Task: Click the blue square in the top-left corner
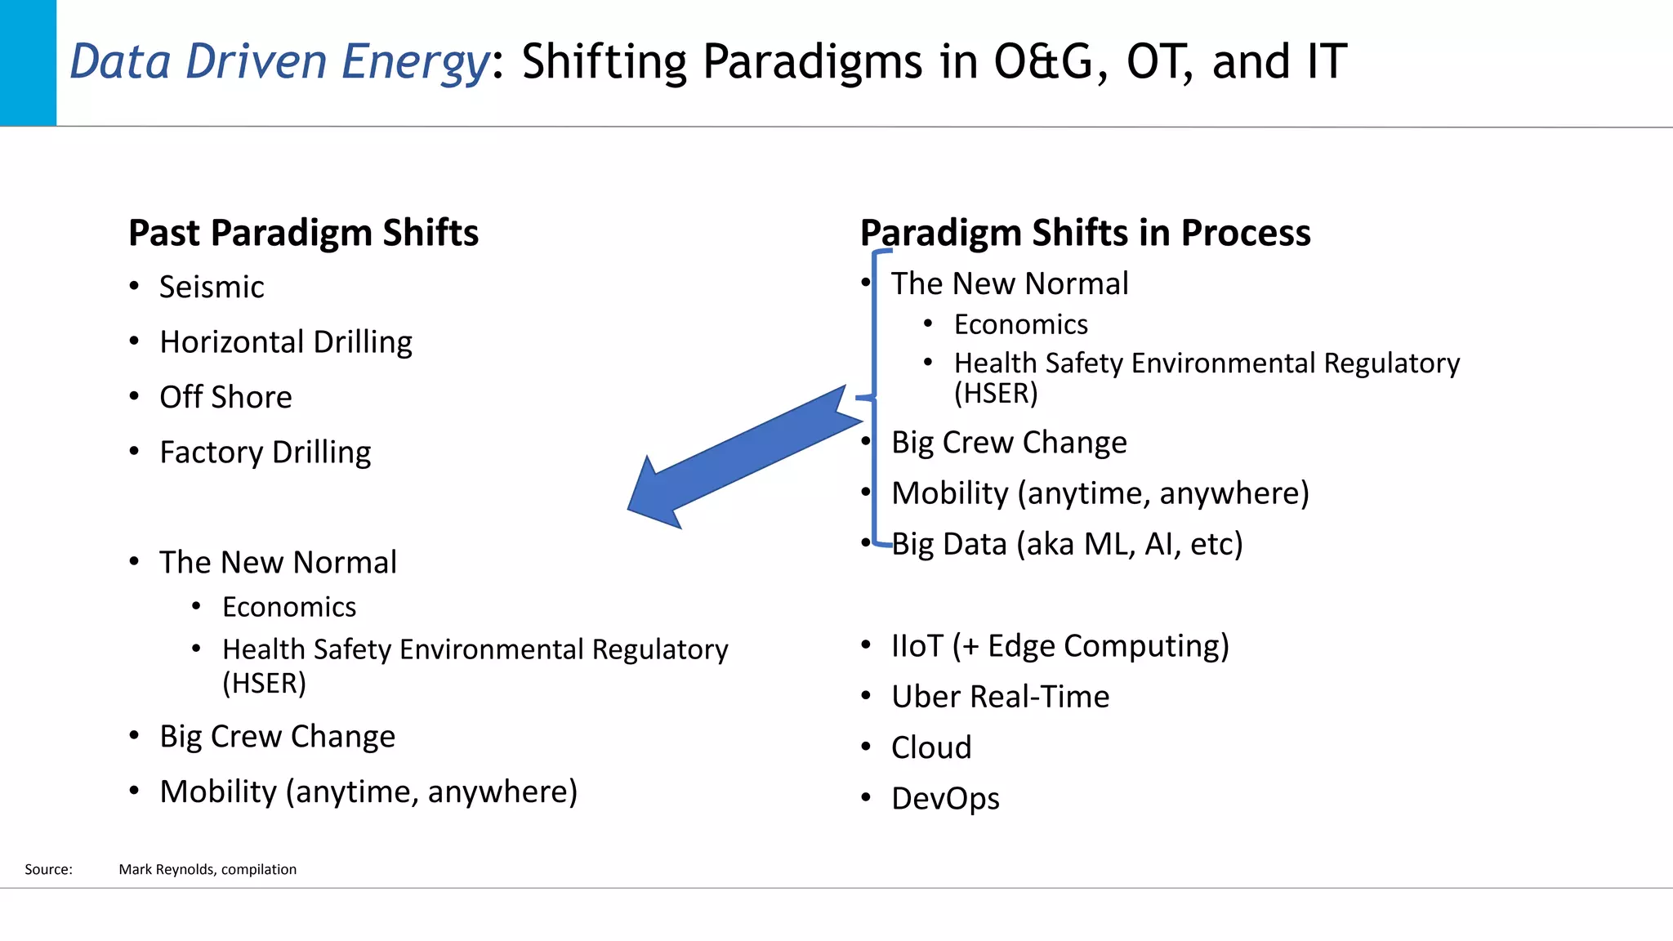point(28,63)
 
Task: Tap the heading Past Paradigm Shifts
point(303,233)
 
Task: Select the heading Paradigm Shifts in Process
point(1085,233)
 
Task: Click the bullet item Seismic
point(212,288)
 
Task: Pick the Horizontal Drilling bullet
point(286,342)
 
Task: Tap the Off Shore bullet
point(225,398)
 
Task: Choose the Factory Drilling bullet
point(265,453)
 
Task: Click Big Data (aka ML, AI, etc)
point(1067,544)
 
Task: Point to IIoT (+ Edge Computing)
point(1060,646)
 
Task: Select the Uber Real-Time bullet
point(1000,697)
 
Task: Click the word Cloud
point(931,747)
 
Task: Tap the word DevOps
point(945,799)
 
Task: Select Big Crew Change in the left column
point(277,737)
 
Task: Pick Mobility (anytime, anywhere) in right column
point(1100,493)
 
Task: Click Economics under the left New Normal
point(289,608)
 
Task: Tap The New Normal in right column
point(1010,284)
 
